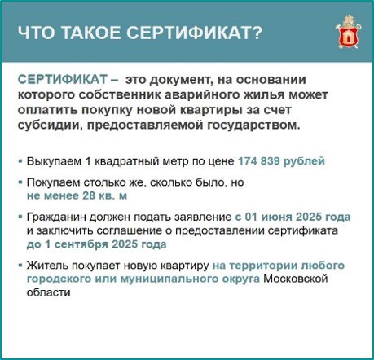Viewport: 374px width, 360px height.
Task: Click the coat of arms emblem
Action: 348,33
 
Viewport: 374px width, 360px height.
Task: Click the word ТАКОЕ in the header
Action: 92,33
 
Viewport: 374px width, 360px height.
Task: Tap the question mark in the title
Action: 256,33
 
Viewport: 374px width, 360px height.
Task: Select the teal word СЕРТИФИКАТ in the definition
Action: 63,80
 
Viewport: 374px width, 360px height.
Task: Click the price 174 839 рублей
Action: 281,161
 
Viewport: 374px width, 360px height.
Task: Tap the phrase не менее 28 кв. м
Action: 77,195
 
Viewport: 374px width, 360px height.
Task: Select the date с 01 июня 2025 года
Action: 293,217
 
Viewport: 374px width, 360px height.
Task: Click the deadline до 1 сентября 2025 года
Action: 96,244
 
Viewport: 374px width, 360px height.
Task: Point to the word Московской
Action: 296,279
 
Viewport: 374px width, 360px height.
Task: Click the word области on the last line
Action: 48,292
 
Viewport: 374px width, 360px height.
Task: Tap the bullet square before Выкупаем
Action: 20,161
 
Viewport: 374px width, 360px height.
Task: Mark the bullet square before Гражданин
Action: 20,217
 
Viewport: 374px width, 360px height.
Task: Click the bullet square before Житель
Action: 20,265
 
